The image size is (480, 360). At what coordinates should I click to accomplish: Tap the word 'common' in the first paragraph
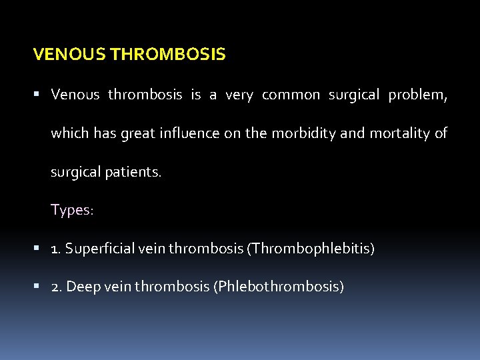tap(291, 95)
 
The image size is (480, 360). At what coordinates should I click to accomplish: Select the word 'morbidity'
tap(305, 133)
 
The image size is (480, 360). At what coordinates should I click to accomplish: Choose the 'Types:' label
tap(73, 210)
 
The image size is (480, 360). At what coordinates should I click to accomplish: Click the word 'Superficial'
tap(98, 249)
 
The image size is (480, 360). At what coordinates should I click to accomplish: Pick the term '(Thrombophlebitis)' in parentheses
tap(311, 249)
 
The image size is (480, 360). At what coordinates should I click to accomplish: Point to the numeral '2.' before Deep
tap(57, 287)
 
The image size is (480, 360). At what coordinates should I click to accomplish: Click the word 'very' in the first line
tap(239, 95)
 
